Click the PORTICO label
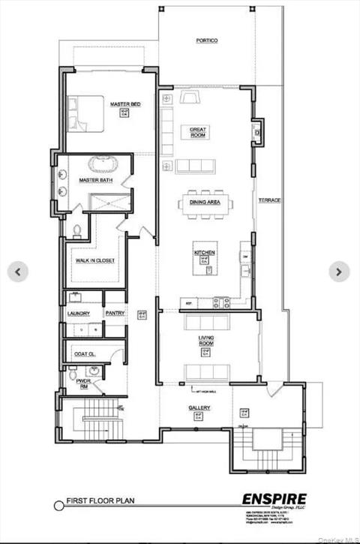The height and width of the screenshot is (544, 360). coord(207,41)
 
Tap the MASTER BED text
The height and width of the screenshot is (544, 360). coord(124,104)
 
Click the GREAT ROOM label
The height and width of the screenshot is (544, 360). coord(198,132)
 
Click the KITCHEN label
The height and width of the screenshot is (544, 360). coord(205,253)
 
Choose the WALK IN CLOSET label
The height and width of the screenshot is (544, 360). coord(93,261)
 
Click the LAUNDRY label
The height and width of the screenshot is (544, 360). coord(79,313)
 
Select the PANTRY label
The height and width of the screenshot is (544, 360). coord(115,313)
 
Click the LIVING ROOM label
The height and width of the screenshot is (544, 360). coord(206,341)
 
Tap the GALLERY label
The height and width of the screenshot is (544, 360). coord(199,407)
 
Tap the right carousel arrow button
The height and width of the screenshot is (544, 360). coord(339,272)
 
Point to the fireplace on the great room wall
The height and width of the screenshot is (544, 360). coord(257,131)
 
